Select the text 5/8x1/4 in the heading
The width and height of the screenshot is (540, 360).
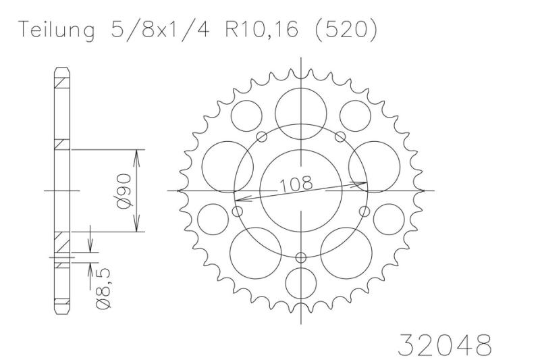(x=159, y=30)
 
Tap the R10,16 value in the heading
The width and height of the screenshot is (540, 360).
(x=262, y=30)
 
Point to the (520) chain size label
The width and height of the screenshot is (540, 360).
(x=346, y=30)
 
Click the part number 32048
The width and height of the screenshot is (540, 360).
(x=445, y=344)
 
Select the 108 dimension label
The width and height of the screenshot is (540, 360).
(x=296, y=184)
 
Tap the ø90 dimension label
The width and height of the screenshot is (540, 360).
(x=124, y=191)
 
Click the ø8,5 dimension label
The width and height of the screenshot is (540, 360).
(x=103, y=288)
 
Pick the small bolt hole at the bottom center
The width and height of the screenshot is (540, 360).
(x=301, y=257)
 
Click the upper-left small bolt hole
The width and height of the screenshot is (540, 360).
(x=262, y=136)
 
